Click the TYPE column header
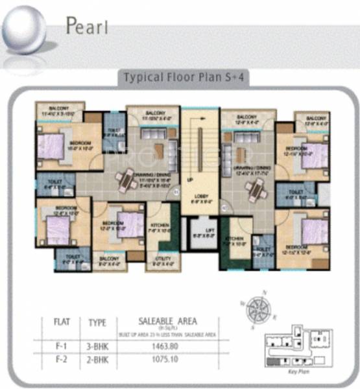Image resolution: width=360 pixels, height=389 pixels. click(97, 321)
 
